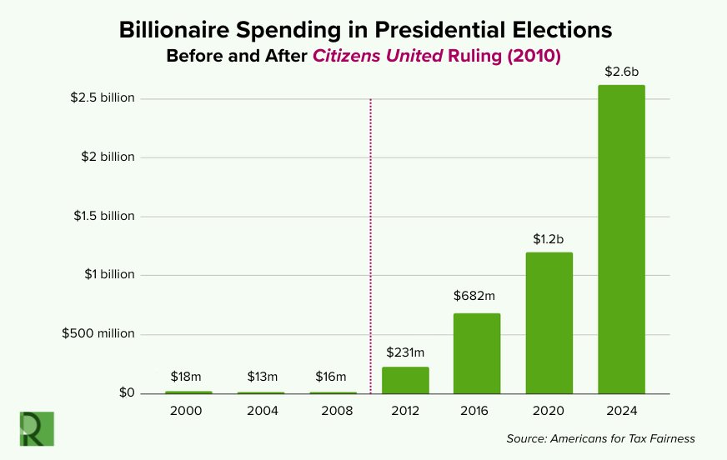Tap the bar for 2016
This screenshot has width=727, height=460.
coord(477,353)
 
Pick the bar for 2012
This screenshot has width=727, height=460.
coord(405,380)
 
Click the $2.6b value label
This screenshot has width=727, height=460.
coord(621,72)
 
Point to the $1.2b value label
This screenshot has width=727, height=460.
coord(549,239)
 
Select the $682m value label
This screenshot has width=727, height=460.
coord(477,295)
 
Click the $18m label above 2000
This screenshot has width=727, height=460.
coord(188,377)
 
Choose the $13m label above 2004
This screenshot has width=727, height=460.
coord(260,377)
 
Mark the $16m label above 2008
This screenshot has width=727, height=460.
coord(332,377)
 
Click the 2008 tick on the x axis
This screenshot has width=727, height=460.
coord(333,411)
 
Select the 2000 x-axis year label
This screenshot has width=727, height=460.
coord(188,411)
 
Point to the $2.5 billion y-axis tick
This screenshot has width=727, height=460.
coord(103,97)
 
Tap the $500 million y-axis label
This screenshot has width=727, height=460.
coord(98,333)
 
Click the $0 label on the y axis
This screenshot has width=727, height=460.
coord(125,392)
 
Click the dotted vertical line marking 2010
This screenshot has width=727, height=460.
coord(369,250)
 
